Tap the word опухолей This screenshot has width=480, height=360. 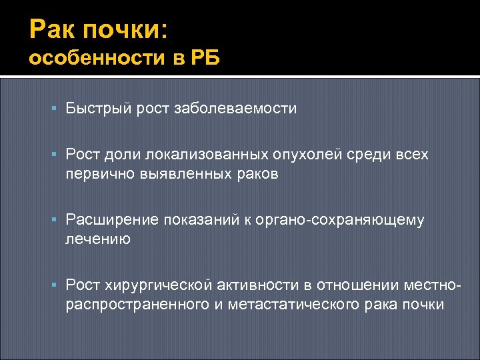[307, 155]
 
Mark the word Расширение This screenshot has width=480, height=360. [106, 221]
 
